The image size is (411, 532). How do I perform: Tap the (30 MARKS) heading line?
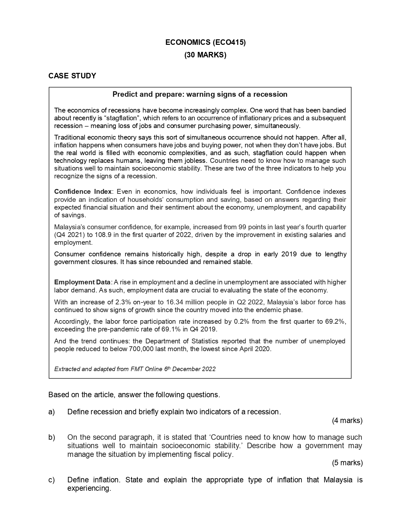coord(205,55)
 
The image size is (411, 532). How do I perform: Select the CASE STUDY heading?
coord(72,76)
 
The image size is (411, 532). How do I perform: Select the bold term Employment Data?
coord(82,282)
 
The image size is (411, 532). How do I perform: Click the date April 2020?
coord(255,349)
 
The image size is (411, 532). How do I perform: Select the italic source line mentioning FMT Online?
coord(135,369)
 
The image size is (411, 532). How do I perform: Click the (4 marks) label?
coord(347,420)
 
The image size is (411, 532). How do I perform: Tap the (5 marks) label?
coord(347,463)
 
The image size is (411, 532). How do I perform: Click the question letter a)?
coord(52,412)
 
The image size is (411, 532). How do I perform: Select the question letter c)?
coord(52,480)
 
